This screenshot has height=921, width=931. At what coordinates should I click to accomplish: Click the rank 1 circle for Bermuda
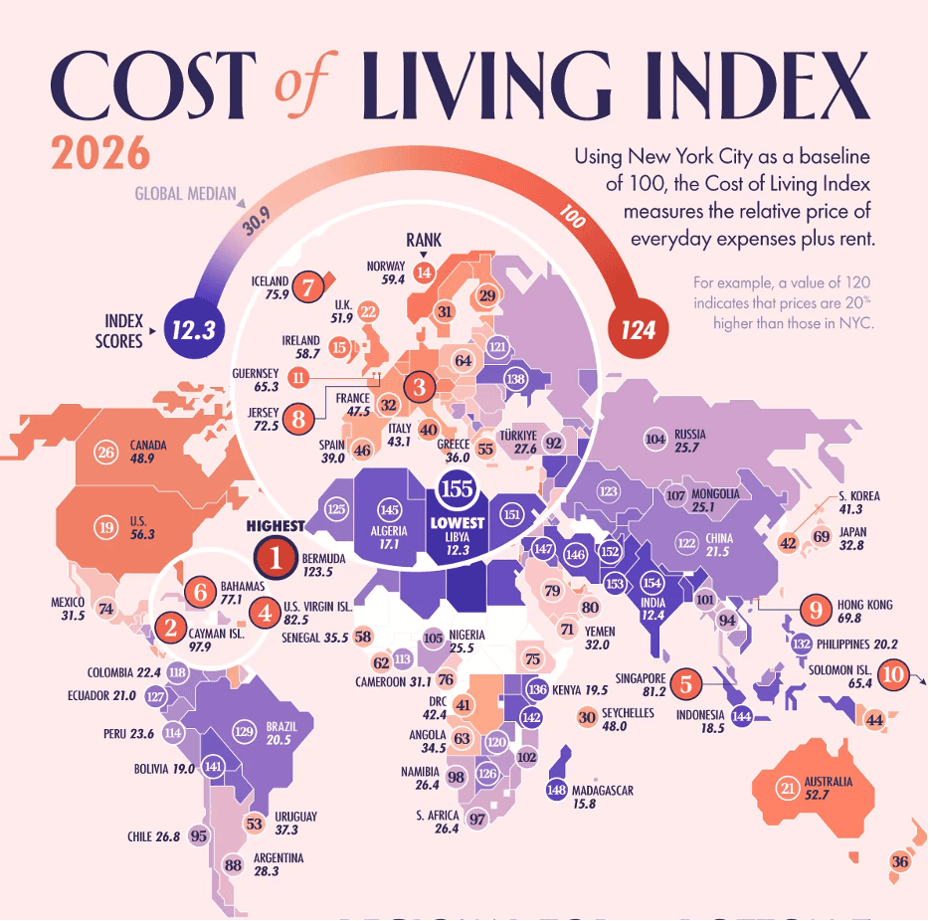coord(277,560)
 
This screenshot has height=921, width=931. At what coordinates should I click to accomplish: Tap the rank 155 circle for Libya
coord(457,490)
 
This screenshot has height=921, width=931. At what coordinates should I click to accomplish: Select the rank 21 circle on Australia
coord(788,790)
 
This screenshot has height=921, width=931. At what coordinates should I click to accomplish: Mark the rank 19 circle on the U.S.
coord(106,526)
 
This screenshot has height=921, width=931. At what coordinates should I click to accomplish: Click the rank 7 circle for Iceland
coord(309,287)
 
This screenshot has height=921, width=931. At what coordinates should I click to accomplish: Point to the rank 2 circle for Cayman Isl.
coord(171,628)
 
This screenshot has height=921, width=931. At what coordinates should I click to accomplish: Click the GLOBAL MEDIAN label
coord(185,193)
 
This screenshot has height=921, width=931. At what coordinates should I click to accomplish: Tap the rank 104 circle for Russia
coord(655,439)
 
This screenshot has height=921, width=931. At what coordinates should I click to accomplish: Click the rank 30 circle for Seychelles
coord(587,717)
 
